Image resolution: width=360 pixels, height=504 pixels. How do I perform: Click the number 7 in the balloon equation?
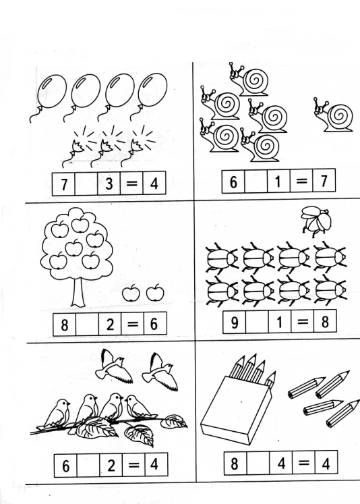[x=64, y=184]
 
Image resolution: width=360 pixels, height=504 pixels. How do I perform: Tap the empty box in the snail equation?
[x=256, y=181]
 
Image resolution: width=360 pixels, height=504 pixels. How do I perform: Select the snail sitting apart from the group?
[x=334, y=115]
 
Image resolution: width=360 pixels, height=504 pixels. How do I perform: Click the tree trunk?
[x=78, y=292]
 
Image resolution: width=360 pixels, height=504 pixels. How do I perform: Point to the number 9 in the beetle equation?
[x=235, y=323]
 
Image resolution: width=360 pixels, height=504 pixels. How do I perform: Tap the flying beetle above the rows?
[x=316, y=221]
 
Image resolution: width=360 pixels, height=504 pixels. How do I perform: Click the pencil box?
[x=237, y=409]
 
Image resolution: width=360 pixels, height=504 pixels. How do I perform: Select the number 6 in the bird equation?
[x=66, y=466]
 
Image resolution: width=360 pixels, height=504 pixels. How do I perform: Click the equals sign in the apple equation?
[x=133, y=324]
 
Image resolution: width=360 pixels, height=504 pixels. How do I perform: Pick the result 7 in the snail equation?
[x=324, y=181]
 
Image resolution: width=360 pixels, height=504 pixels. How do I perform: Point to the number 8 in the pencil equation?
[x=235, y=464]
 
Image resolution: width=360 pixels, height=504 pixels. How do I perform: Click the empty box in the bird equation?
[x=88, y=466]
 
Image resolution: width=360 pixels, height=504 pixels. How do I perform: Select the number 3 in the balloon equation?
[x=109, y=184]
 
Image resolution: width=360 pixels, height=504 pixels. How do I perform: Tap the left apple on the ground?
[x=131, y=293]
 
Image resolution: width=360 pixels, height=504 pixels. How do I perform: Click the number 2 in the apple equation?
[x=110, y=325]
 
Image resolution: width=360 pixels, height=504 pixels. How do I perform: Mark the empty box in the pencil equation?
[x=258, y=463]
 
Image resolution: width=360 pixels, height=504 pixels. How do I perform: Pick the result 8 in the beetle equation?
[x=325, y=322]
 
